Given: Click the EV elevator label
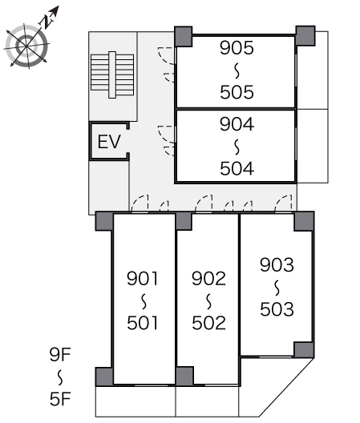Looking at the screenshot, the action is click(x=109, y=142).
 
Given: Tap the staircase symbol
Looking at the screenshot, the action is click(x=112, y=75).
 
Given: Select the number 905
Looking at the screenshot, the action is click(x=237, y=48).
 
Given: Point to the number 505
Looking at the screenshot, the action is click(x=237, y=92).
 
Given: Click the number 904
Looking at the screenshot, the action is click(x=237, y=124).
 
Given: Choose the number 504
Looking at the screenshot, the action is click(x=237, y=168).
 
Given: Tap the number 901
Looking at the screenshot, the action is click(x=143, y=279).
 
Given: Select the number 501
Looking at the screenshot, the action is click(x=143, y=323).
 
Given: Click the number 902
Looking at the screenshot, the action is click(x=208, y=279).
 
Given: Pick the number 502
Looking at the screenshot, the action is click(x=208, y=323).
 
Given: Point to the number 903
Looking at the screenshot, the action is click(x=277, y=265).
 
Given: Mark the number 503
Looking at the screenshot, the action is click(x=277, y=309).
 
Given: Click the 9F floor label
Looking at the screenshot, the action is click(x=60, y=355).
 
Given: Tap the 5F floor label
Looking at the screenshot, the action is click(x=60, y=399).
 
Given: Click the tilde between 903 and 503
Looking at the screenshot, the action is click(x=277, y=288).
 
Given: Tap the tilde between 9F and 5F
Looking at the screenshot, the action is click(x=60, y=377).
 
